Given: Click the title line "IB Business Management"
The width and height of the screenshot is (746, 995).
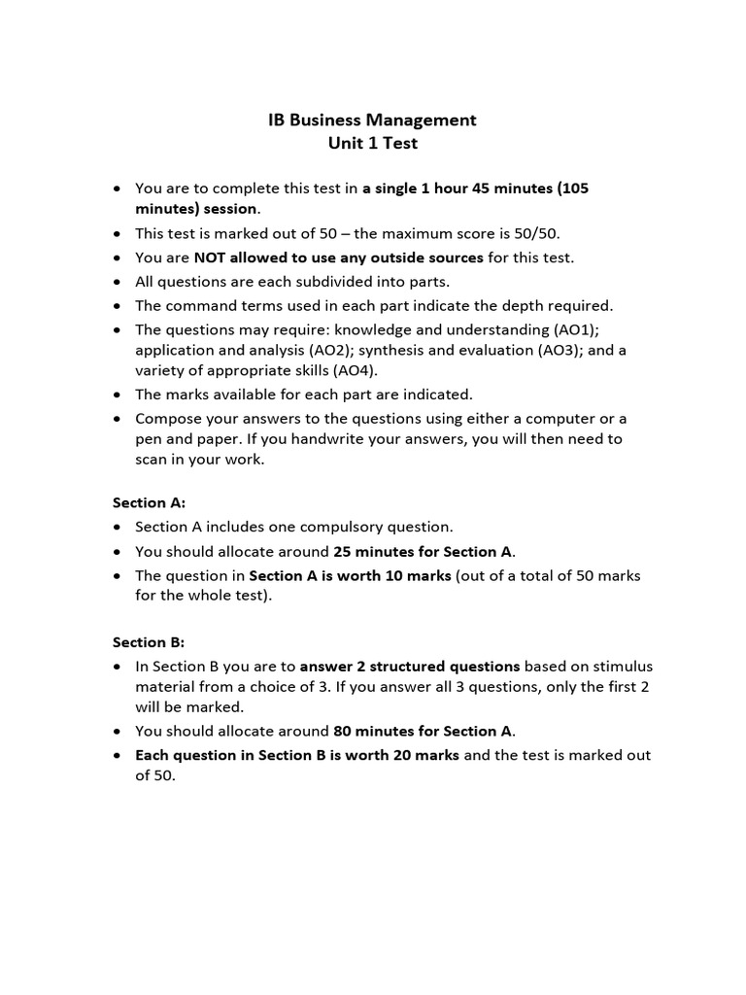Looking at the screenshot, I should pos(372,120).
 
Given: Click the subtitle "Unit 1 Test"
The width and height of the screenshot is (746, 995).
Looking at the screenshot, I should pos(372,144).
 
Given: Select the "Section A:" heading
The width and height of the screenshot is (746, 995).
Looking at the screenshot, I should pos(149,502).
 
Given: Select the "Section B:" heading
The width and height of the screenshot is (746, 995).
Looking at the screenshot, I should pos(149,642).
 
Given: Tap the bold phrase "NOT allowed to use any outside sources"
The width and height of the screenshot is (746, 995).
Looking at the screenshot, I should pos(338,257).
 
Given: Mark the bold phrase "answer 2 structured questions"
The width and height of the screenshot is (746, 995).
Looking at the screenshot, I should pos(410,666).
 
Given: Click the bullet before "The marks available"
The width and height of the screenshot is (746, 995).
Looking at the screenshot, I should pos(118,395).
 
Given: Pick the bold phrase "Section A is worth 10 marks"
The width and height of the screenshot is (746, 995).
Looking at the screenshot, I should pos(350,575).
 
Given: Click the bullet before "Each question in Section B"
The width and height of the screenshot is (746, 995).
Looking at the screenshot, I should pos(118,755).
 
